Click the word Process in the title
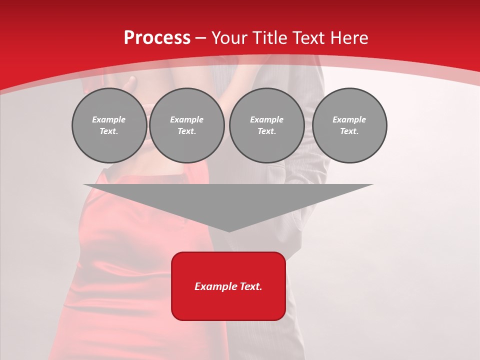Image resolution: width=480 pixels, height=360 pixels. (x=157, y=38)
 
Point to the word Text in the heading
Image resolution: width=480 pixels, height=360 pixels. (x=308, y=38)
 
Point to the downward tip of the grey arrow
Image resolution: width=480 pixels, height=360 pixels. (x=228, y=230)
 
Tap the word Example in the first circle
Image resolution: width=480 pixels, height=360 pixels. (x=109, y=119)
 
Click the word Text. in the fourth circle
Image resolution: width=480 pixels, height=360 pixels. (x=349, y=131)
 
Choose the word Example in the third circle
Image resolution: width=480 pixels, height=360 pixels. (x=266, y=119)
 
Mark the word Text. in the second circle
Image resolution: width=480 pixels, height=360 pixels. (x=186, y=131)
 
